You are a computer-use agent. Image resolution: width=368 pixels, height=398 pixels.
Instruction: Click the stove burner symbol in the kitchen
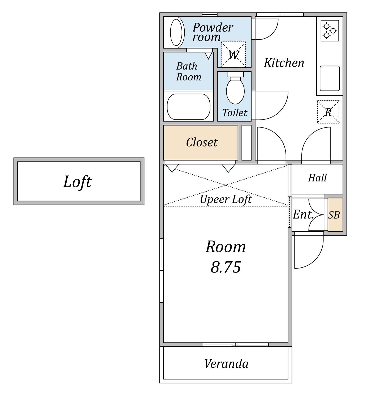pos(330,31)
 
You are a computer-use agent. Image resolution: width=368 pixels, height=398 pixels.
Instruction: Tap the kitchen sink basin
pos(330,78)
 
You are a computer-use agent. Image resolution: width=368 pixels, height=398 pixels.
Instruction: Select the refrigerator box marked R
pos(328,112)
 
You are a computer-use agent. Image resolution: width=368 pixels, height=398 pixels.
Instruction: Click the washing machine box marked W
pos(234,54)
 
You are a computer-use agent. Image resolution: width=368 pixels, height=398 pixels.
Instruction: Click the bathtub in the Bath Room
pos(189,107)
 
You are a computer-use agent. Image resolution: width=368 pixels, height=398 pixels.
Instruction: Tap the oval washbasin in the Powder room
pos(177,32)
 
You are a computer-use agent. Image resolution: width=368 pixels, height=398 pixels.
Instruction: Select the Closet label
pos(202,142)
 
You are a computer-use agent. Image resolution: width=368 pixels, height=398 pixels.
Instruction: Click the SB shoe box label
pos(334,215)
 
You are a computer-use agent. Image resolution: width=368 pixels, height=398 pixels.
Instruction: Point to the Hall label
pos(317,178)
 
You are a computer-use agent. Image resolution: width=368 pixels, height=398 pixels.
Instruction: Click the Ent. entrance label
pos(303,214)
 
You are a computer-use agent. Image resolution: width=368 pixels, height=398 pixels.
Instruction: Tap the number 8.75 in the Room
pos(226,267)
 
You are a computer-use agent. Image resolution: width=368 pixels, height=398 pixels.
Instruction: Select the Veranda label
pos(226,364)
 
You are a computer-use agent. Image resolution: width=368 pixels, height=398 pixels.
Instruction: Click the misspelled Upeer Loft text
pos(226,200)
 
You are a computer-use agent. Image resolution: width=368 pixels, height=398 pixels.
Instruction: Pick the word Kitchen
pos(284,63)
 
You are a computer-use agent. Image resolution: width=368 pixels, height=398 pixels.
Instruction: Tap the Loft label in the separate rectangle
pos(77,182)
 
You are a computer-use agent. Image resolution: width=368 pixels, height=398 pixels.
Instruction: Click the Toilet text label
pos(235,113)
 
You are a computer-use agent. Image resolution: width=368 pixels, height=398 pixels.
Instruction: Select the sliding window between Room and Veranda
pos(236,344)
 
